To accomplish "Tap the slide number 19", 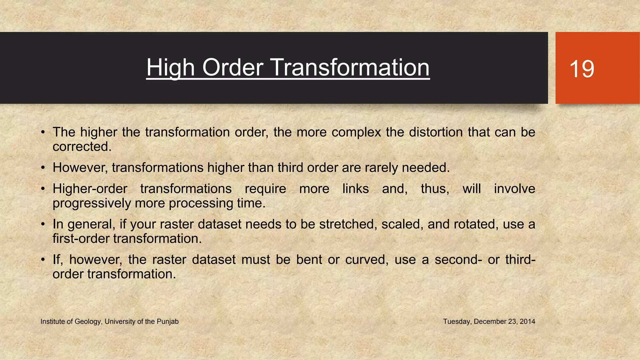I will [582, 69].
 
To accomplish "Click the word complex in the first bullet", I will [356, 132].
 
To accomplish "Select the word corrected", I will [82, 147].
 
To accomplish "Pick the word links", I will [356, 189].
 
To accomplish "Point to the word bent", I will [309, 260].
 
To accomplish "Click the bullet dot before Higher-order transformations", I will [43, 189].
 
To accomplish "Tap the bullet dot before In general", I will [43, 224].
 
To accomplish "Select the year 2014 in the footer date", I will [527, 322].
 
